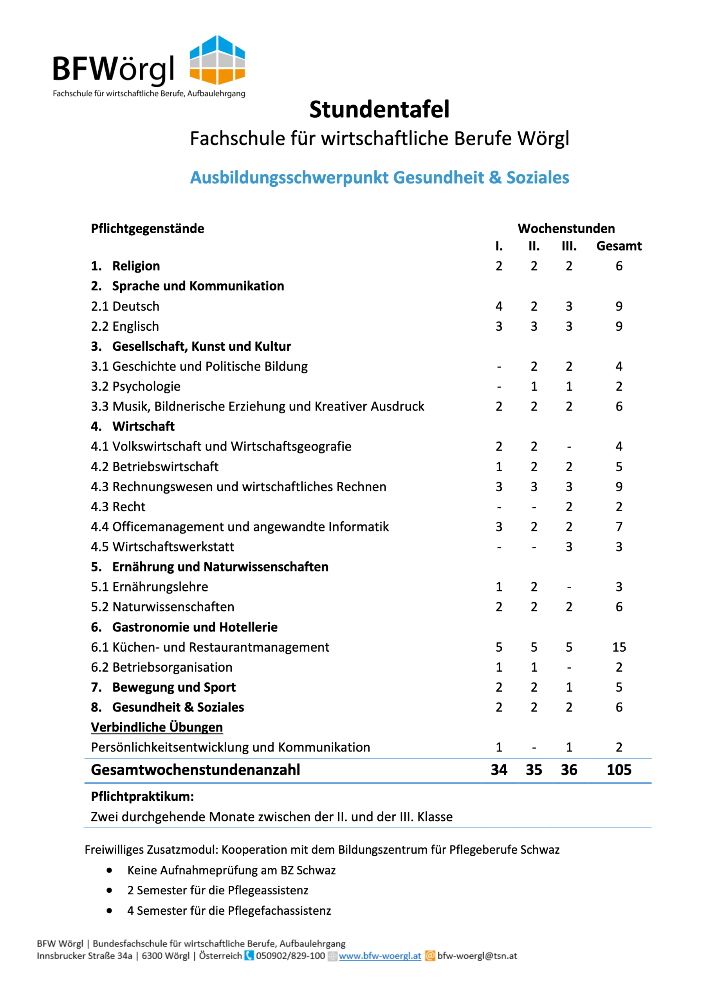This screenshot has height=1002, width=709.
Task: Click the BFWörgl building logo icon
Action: click(x=217, y=60)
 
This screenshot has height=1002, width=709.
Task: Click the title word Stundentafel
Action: click(x=379, y=109)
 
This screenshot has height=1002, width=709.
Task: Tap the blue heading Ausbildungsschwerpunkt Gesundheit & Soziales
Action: click(x=379, y=178)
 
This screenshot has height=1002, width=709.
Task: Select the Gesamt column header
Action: click(x=619, y=246)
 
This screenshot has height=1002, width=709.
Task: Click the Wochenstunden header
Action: click(x=566, y=228)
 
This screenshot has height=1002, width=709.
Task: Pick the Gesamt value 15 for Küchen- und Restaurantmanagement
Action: click(x=619, y=647)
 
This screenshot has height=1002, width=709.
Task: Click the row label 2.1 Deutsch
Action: click(x=125, y=306)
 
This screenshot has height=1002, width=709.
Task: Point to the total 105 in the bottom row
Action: click(x=619, y=770)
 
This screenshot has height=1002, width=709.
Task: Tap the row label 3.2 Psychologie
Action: click(x=135, y=386)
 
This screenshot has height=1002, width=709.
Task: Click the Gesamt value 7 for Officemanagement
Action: click(x=619, y=527)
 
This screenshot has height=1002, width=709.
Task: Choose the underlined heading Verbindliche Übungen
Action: click(x=157, y=727)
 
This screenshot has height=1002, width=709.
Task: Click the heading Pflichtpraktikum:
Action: click(x=143, y=797)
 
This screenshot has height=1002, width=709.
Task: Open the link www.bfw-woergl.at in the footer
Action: click(x=380, y=956)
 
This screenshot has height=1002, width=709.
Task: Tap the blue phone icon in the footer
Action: click(x=249, y=956)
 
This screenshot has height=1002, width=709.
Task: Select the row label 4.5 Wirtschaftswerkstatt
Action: click(x=162, y=547)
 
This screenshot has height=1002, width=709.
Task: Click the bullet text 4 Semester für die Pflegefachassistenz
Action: click(x=229, y=911)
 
